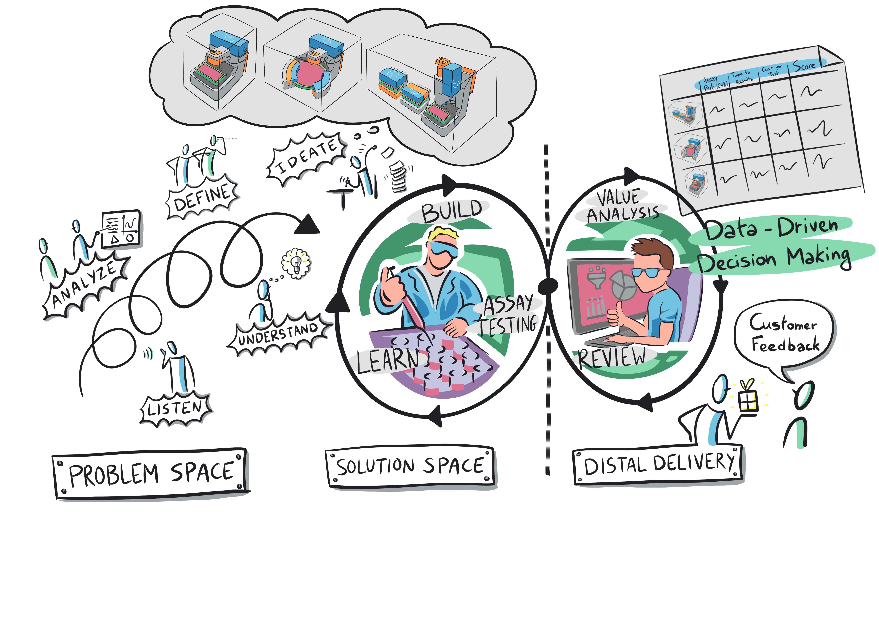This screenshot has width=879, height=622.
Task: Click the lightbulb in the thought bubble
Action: tap(296, 263)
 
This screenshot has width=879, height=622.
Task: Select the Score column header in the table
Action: tap(804, 66)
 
